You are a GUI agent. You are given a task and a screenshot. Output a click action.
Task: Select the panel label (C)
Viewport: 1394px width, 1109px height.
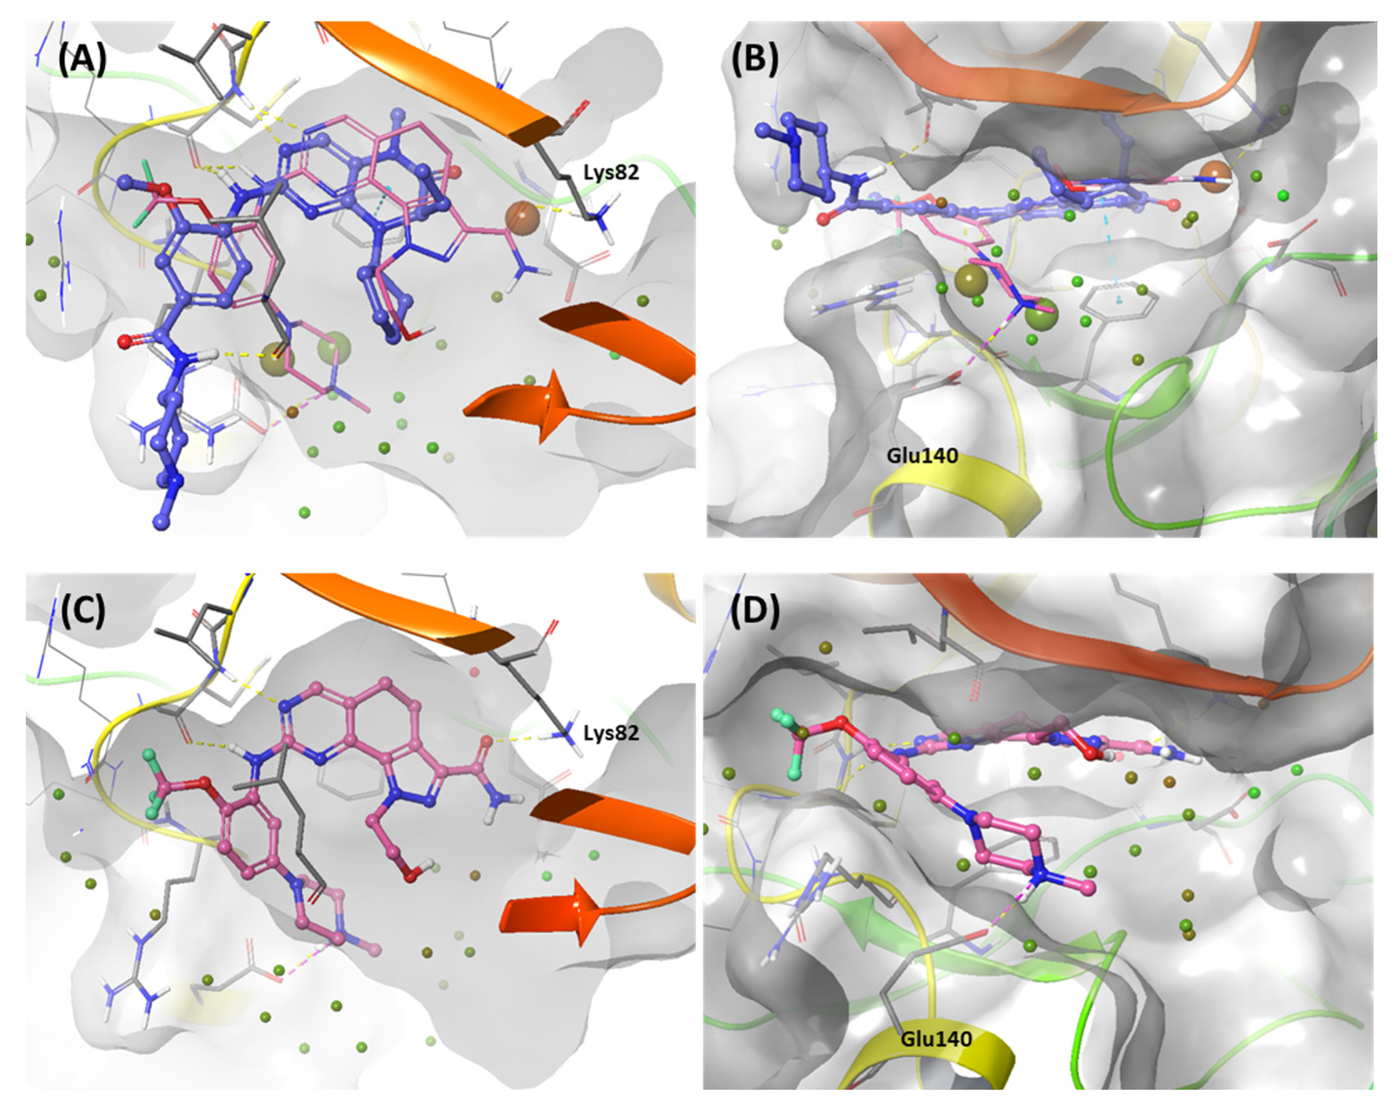[83, 612]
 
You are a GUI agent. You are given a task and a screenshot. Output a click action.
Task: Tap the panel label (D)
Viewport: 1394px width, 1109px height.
[754, 612]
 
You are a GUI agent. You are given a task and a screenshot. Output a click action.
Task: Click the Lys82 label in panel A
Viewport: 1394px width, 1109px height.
[611, 172]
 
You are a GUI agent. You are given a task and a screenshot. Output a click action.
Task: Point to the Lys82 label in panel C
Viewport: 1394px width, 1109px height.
[611, 733]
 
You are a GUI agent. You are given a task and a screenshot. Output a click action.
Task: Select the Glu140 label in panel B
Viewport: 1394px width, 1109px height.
[922, 456]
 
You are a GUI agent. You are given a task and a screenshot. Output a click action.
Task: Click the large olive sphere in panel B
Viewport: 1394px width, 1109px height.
[971, 279]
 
